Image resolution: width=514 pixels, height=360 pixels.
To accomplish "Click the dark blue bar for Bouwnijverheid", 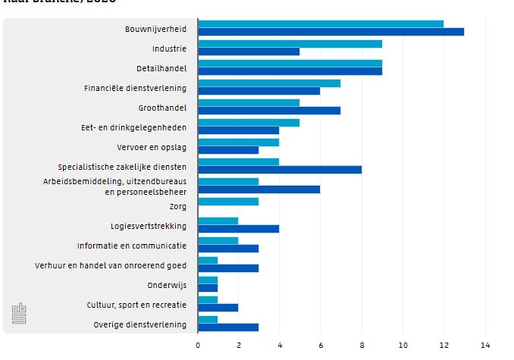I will (331, 32).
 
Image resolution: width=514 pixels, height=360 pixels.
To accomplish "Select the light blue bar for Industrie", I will (290, 44).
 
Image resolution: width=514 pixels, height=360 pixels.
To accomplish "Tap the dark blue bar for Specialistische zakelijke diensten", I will (280, 169).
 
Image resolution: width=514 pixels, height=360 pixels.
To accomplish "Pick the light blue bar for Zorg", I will (228, 202).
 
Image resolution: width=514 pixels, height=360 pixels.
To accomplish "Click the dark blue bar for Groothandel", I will (269, 111).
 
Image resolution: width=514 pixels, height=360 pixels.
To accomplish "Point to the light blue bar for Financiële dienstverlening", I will (269, 83).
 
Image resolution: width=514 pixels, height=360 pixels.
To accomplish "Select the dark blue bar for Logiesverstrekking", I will (239, 228).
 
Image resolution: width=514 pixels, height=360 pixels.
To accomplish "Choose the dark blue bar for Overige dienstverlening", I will (228, 327).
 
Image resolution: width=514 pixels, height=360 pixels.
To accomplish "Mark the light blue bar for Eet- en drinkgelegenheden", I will (249, 122).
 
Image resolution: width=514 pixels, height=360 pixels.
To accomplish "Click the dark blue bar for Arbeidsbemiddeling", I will (259, 189).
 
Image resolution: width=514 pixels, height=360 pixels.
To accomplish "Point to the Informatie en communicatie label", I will (132, 246).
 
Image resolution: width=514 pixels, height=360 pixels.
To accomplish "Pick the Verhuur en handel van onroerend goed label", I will (111, 265).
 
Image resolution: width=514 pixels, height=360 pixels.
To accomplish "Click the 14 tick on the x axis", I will (485, 345).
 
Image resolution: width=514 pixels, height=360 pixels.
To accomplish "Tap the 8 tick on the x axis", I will (362, 345).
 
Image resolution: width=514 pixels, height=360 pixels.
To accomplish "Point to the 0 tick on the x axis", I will (198, 345).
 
